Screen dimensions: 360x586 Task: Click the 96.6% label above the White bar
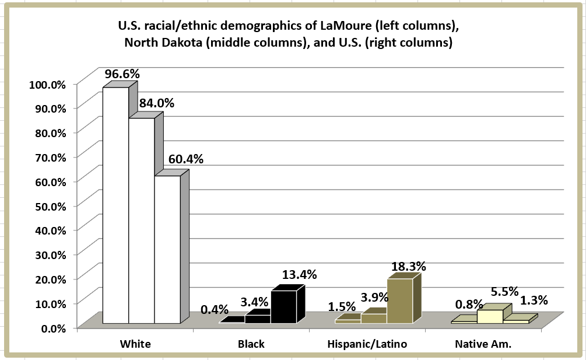point(122,75)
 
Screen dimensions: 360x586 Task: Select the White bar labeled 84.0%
point(141,222)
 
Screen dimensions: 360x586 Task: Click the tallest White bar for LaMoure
point(115,204)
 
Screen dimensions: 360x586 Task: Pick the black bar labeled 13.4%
point(283,307)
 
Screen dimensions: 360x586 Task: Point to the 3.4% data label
point(254,302)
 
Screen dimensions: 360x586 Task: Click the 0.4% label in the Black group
point(214,309)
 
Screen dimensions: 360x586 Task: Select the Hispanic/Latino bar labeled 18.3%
point(399,300)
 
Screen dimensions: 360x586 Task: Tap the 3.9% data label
point(374,298)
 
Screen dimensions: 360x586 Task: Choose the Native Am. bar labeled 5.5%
point(490,316)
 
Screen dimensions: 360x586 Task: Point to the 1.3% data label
point(534,301)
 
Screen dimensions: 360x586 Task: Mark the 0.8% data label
point(469,304)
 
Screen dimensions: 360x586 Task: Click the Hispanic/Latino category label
point(367,344)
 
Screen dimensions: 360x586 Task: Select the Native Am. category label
point(483,344)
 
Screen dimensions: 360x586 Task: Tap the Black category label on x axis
point(251,344)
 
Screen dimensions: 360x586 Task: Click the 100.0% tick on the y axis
point(47,84)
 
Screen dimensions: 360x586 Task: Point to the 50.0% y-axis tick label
point(47,205)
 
